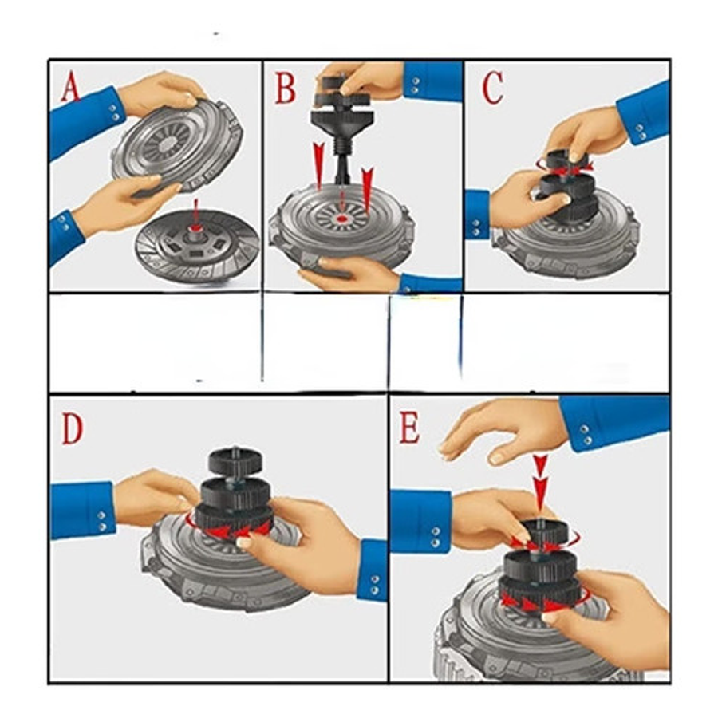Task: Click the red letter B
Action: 286,88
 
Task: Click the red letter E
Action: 409,428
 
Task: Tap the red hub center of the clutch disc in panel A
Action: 196,227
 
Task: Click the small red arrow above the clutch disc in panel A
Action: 196,210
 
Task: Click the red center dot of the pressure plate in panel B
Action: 342,219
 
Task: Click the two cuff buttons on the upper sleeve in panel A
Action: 115,112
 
